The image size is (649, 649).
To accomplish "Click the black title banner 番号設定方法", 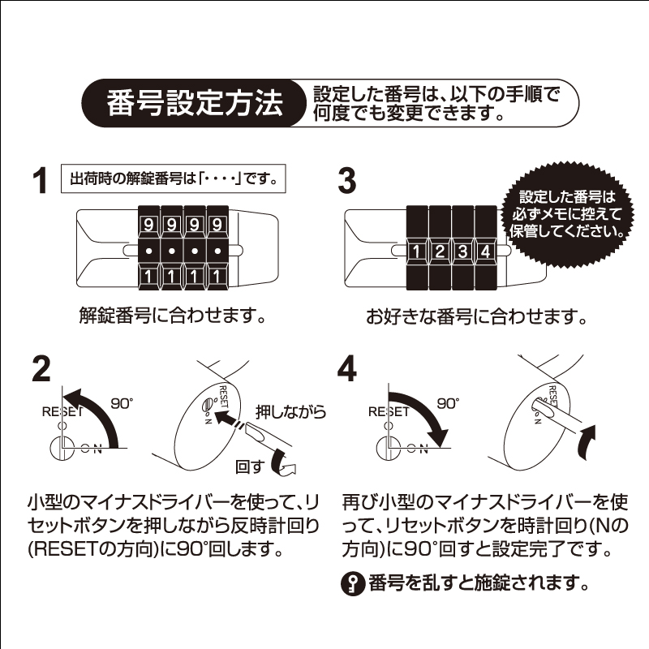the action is (195, 103).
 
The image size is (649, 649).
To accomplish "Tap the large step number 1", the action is (40, 181).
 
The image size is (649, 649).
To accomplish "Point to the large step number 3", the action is (347, 181).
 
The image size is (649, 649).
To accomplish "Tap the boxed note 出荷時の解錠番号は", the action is (174, 178).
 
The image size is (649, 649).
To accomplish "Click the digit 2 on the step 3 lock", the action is (440, 251).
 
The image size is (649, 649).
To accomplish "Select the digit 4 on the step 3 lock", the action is (485, 251).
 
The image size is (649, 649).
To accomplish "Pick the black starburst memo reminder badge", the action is (566, 214).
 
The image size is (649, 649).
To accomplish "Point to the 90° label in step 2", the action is (122, 403).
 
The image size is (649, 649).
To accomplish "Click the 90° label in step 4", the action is (449, 403).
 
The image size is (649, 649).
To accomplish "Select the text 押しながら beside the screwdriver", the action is (291, 412).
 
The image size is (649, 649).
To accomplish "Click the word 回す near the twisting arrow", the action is (250, 467).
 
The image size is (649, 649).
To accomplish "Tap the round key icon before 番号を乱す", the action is (353, 583).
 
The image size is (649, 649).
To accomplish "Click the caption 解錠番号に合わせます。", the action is (172, 316).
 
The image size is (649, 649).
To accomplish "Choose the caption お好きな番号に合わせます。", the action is (476, 317).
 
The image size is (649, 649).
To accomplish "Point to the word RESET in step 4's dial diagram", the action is (389, 412).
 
